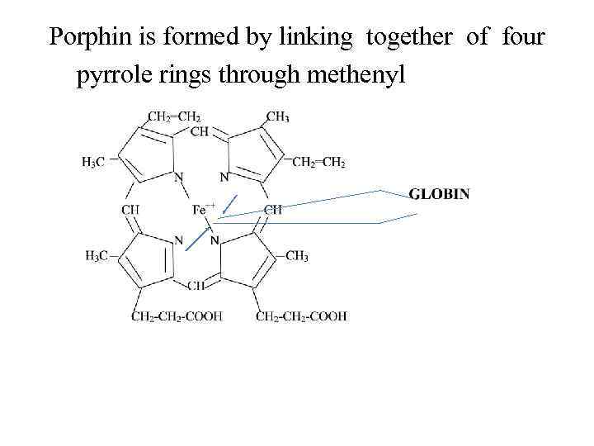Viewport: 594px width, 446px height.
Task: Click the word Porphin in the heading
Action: tap(86, 37)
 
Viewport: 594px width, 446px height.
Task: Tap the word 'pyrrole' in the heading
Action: tap(110, 76)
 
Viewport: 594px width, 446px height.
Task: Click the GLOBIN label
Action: tap(440, 194)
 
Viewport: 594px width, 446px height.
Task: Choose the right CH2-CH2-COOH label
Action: tap(301, 316)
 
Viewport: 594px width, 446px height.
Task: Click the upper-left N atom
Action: tap(178, 176)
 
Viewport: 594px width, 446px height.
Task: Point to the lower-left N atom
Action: tap(178, 240)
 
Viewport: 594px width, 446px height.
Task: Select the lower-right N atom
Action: tap(215, 240)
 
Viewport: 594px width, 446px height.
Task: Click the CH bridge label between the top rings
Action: tap(200, 131)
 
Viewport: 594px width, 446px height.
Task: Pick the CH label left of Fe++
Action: tap(130, 210)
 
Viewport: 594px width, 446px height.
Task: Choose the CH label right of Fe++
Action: tap(272, 210)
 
